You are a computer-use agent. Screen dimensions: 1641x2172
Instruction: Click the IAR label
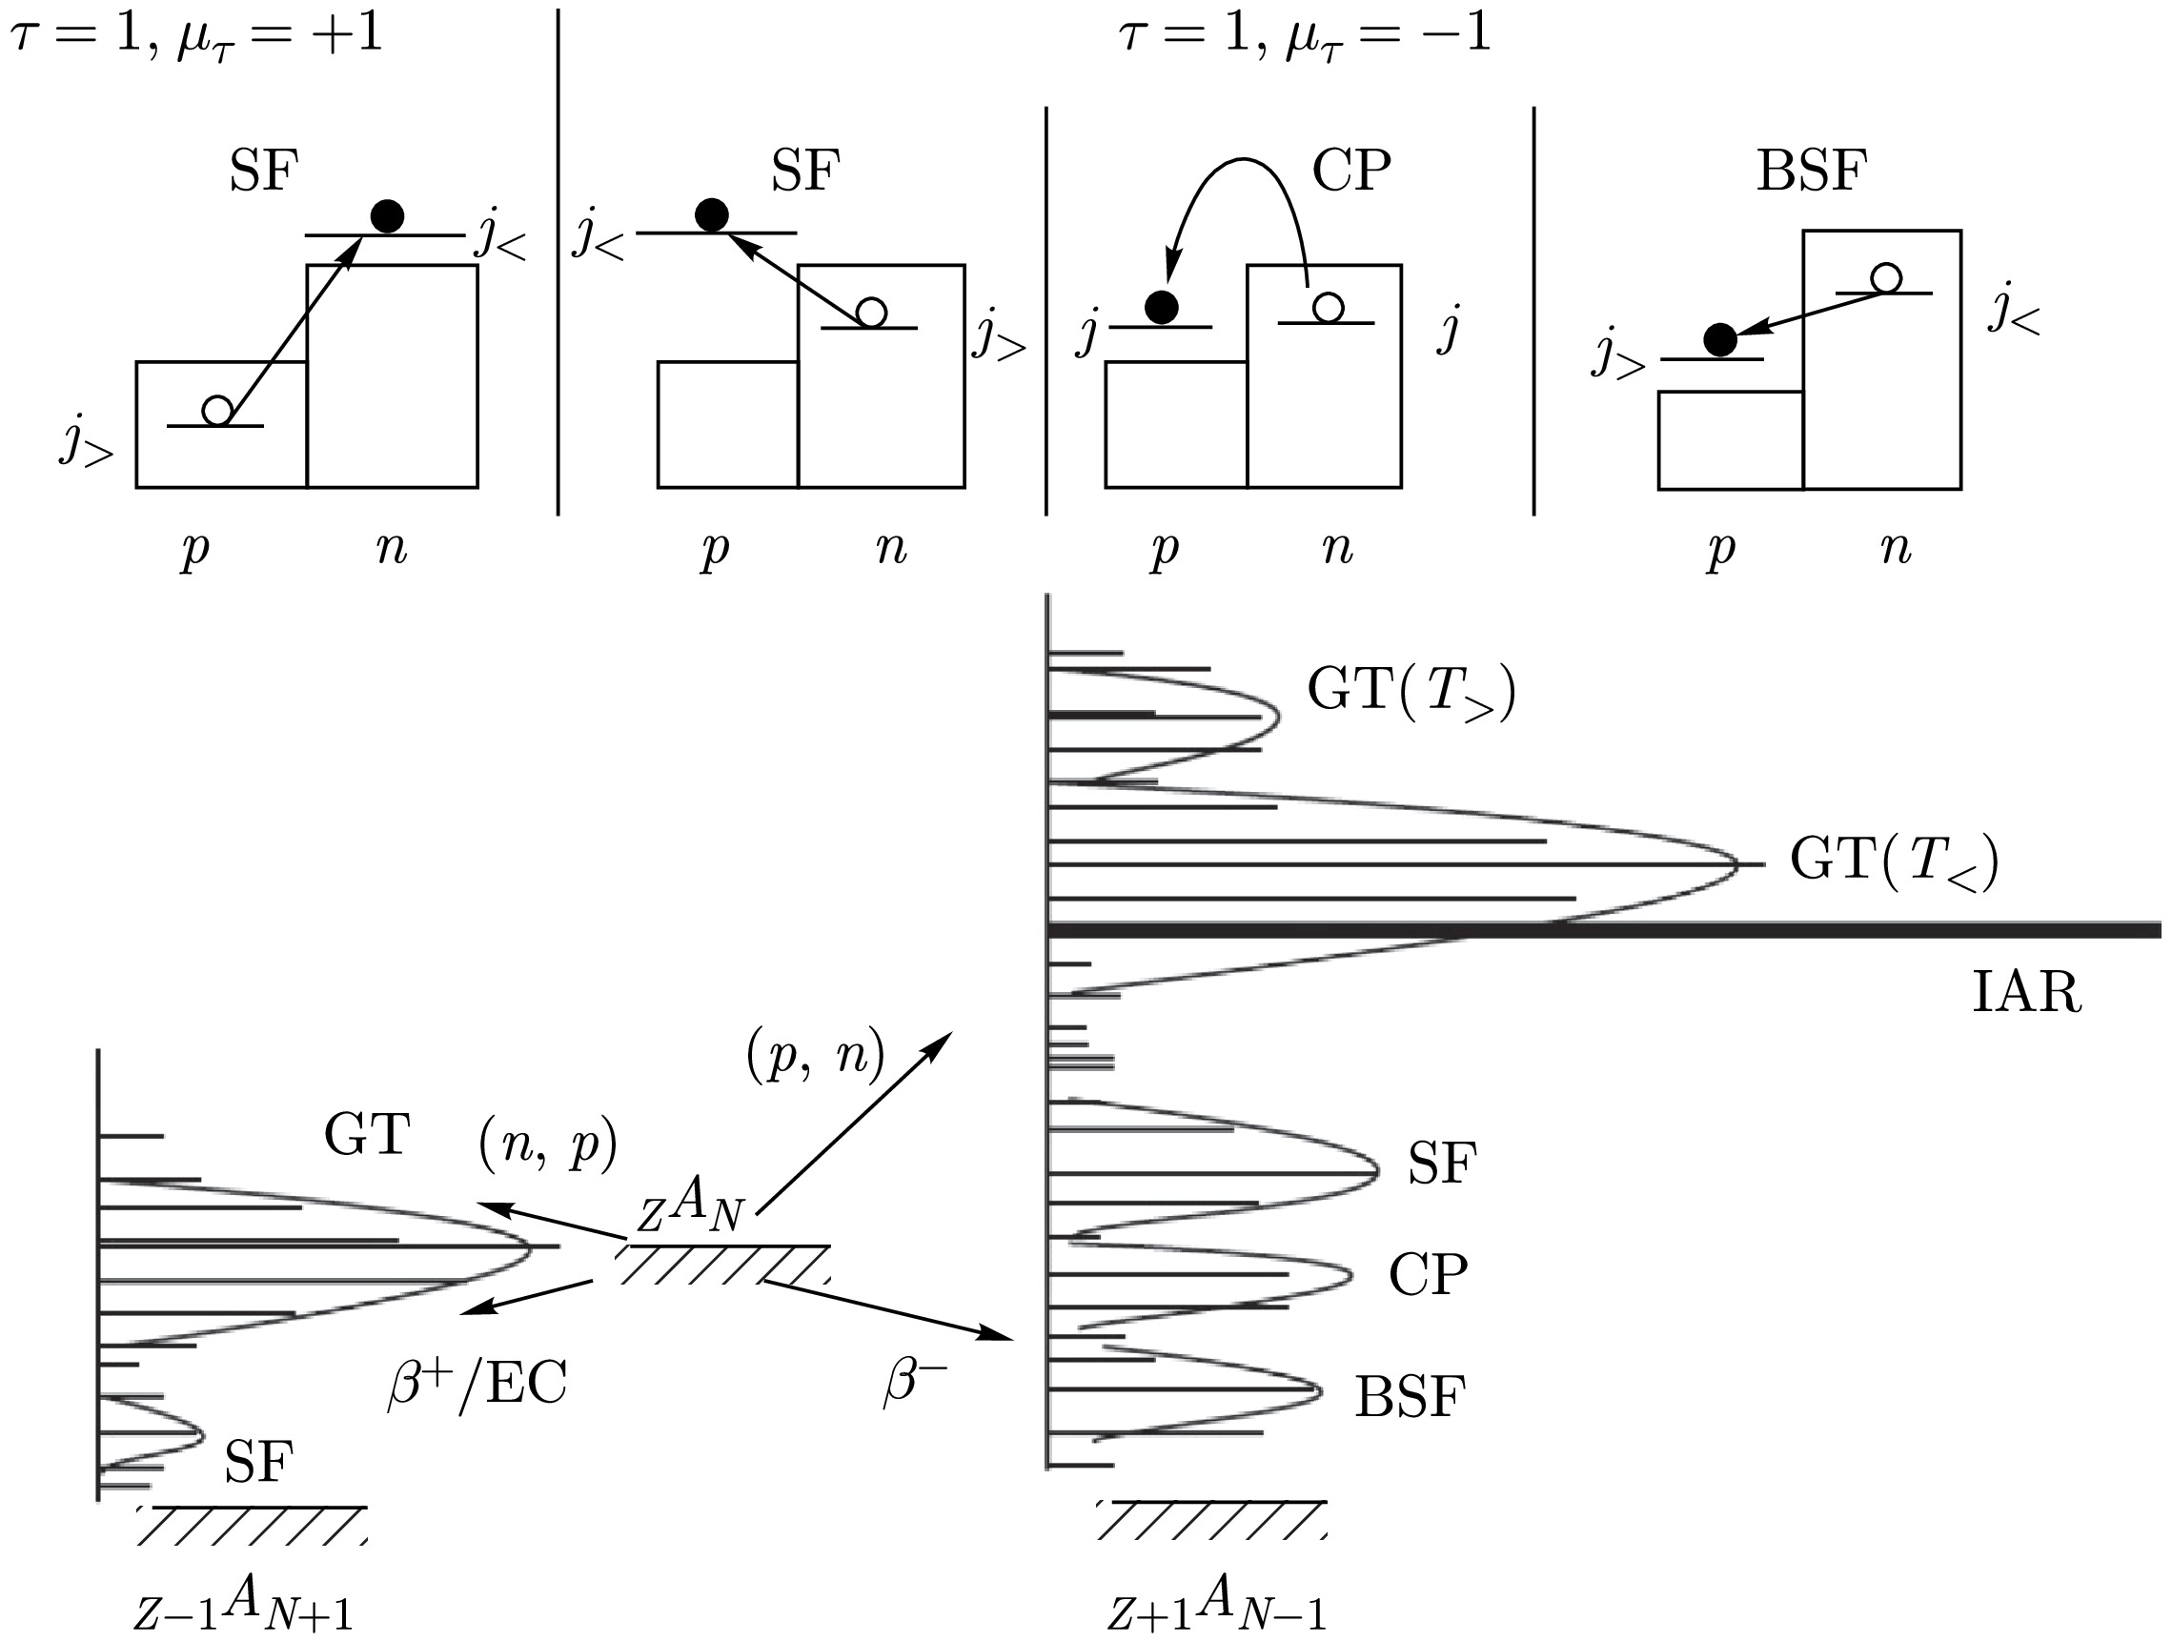(2025, 993)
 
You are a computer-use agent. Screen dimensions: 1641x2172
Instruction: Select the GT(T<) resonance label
(1894, 861)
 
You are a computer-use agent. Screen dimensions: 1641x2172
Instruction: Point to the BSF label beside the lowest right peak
(1410, 1396)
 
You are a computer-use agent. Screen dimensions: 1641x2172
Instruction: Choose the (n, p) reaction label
(548, 1145)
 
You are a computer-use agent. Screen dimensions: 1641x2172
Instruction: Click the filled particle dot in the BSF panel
(1719, 340)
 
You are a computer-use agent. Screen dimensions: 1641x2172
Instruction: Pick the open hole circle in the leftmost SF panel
(217, 410)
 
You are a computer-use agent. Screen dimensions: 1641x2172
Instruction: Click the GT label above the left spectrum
(366, 1135)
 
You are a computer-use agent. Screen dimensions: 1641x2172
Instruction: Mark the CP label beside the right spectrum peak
(1428, 1276)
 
